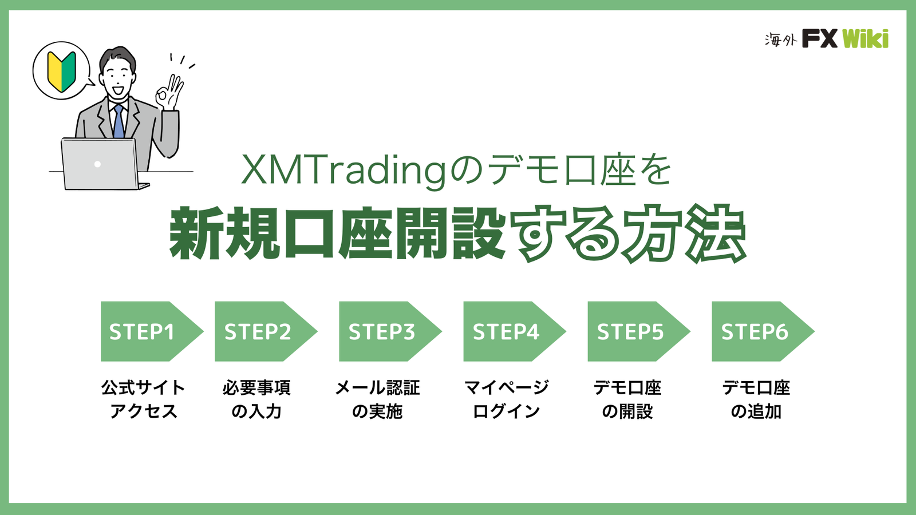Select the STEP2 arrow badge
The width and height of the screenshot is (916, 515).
pos(266,331)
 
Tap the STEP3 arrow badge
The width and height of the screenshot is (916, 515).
pos(390,331)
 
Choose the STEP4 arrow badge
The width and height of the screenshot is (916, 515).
pos(515,331)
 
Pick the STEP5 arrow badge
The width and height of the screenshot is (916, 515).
pos(639,331)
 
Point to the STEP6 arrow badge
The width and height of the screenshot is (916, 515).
pos(763,331)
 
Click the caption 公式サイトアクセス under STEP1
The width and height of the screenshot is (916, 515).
pos(144,399)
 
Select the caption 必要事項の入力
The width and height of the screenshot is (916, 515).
pos(257,399)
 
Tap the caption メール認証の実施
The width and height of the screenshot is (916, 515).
pos(378,399)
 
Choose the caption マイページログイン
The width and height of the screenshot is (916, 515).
pos(506,399)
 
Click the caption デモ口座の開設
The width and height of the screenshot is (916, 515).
pos(627,399)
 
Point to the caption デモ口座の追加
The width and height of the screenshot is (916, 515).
pos(756,399)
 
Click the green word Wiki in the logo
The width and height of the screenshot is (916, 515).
pos(865,39)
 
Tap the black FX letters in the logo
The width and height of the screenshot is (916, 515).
pos(819,38)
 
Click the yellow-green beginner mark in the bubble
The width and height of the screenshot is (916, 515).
pos(61,72)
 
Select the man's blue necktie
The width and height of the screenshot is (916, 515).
pos(119,121)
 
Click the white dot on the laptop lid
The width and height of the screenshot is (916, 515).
pos(97,164)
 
